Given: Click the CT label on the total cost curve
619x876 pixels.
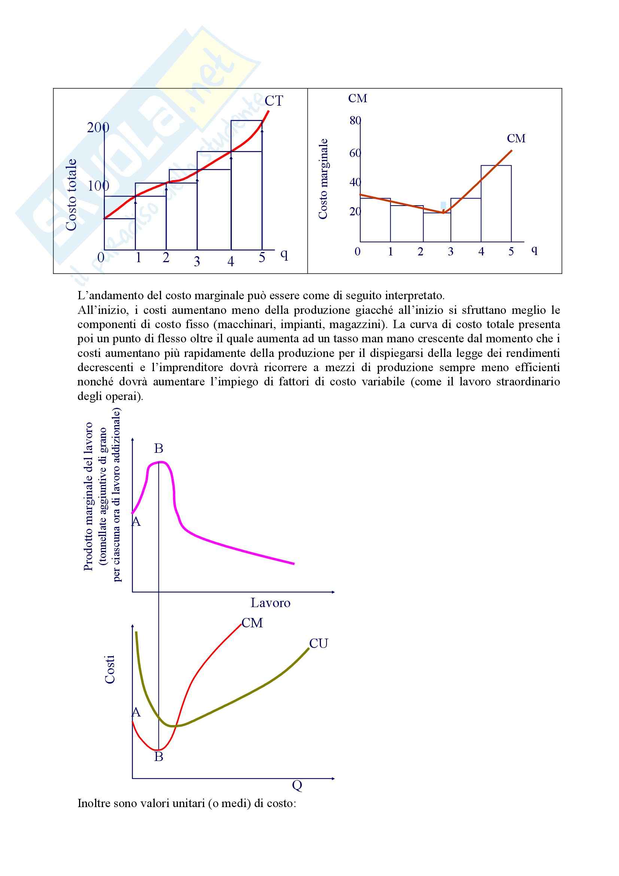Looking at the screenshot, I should [x=274, y=101].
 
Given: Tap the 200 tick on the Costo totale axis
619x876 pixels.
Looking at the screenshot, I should [x=98, y=127].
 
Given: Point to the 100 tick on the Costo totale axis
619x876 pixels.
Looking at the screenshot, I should [x=98, y=186].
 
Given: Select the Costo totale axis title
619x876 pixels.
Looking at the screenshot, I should [x=71, y=195].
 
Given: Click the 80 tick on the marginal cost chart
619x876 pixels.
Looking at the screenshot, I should [x=355, y=121].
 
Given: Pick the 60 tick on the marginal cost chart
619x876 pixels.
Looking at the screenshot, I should [x=355, y=153].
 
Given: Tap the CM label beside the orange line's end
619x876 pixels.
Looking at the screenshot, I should [x=516, y=139].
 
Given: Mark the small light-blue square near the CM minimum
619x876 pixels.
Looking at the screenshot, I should [x=443, y=205].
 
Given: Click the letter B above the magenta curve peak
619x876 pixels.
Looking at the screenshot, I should [x=159, y=448].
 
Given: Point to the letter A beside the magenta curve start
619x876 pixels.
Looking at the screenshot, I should [x=136, y=521].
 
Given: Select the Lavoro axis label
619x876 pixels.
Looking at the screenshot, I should [x=270, y=603].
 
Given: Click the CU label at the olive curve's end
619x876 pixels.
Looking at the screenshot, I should [x=318, y=644].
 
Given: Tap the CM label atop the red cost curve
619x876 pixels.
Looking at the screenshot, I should [x=252, y=623].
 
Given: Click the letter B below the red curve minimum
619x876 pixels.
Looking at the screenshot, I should [x=159, y=757].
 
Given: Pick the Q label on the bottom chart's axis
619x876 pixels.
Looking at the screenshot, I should [x=297, y=785].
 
